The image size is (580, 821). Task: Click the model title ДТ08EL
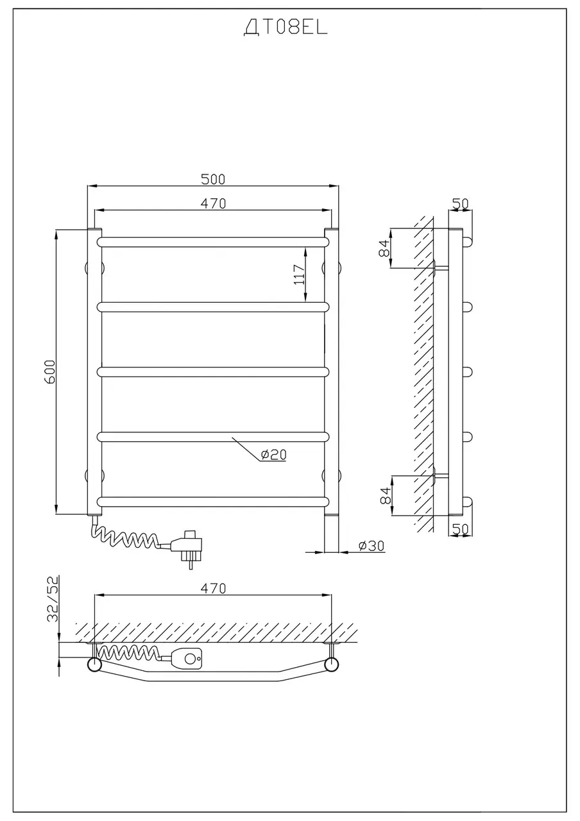(x=286, y=28)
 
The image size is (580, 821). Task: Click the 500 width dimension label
(x=213, y=179)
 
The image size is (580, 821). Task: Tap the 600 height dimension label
(x=49, y=371)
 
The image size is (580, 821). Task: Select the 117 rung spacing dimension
(x=299, y=275)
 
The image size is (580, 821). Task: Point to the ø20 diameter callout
(x=273, y=455)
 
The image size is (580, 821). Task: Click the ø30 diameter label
(x=371, y=546)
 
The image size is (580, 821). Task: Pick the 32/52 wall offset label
(x=53, y=599)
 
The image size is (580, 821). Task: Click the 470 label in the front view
(x=213, y=203)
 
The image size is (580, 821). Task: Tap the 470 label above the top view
(x=213, y=588)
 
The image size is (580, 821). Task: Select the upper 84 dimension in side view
(x=384, y=248)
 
